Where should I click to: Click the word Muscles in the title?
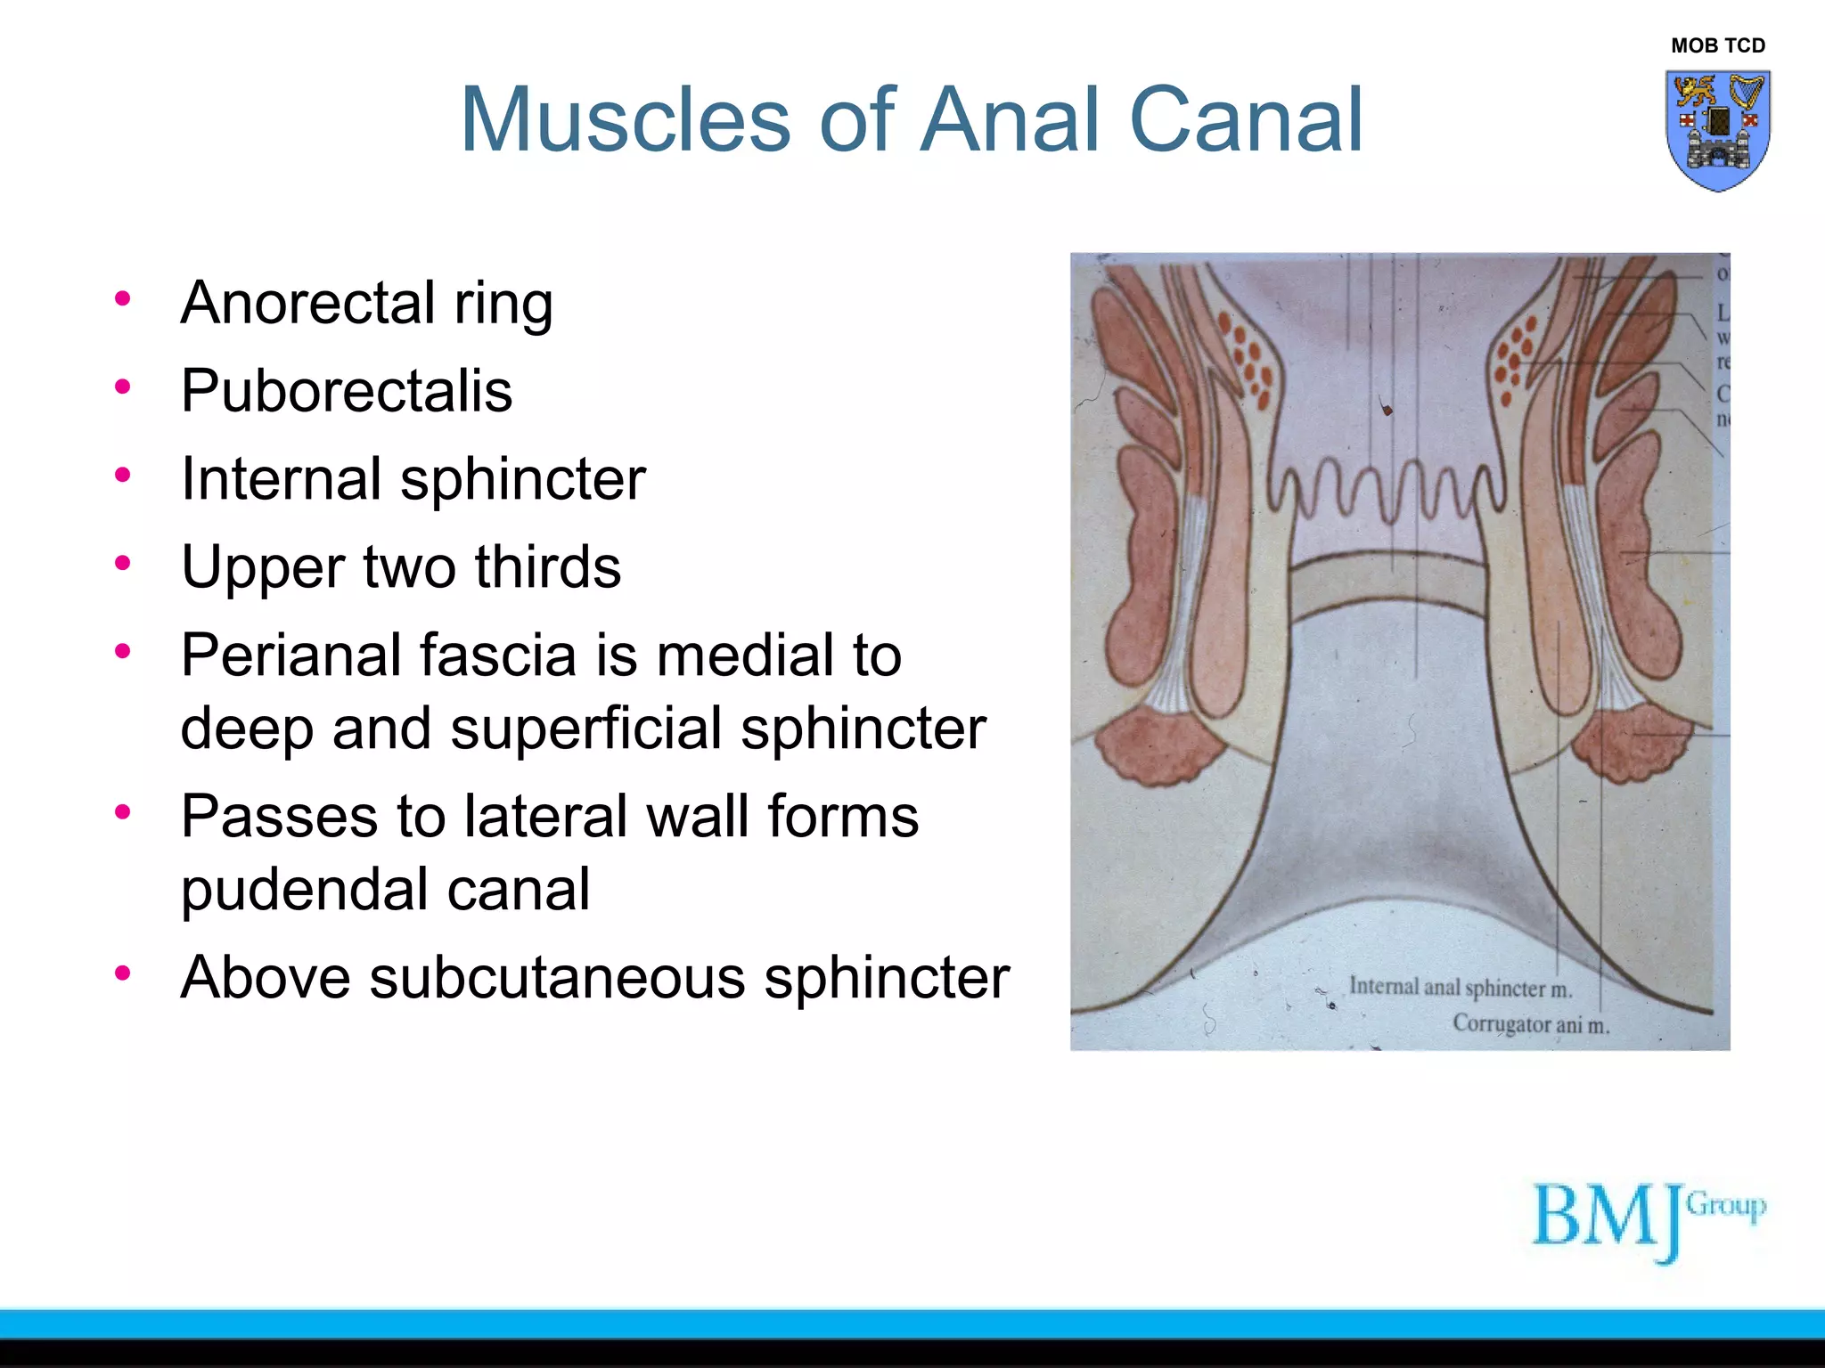pyautogui.click(x=625, y=119)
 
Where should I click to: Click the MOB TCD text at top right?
pyautogui.click(x=1717, y=45)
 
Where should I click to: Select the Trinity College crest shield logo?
pyautogui.click(x=1717, y=130)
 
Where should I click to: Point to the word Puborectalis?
pyautogui.click(x=347, y=391)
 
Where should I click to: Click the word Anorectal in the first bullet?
pyautogui.click(x=308, y=303)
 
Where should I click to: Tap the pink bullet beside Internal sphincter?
pyautogui.click(x=123, y=476)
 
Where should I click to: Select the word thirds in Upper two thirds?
pyautogui.click(x=547, y=567)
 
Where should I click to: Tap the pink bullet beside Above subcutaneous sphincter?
pyautogui.click(x=123, y=973)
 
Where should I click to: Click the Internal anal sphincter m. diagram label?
pyautogui.click(x=1460, y=988)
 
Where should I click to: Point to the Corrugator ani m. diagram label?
pyautogui.click(x=1530, y=1024)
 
